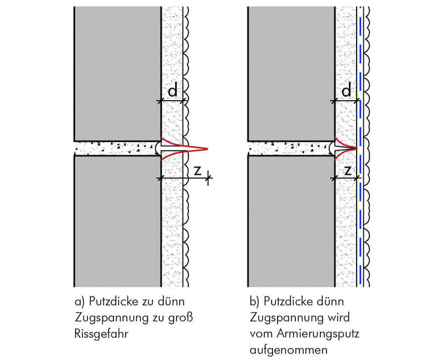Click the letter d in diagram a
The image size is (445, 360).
click(x=172, y=90)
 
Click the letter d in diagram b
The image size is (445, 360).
click(x=346, y=90)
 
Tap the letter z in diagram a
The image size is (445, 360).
click(x=197, y=170)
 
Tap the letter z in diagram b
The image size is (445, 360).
click(x=348, y=170)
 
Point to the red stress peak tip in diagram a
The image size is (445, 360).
click(x=208, y=149)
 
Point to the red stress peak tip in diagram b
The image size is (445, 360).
click(x=356, y=148)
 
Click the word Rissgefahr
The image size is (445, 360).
click(x=101, y=334)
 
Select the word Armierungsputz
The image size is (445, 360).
click(x=318, y=334)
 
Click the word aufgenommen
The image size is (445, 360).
click(x=289, y=350)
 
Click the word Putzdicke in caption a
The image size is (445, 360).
click(x=113, y=301)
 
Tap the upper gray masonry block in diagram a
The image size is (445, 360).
click(x=117, y=73)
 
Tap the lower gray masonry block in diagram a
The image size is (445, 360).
click(x=117, y=221)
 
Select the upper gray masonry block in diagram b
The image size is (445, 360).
click(x=291, y=73)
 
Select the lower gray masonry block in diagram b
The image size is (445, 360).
click(x=291, y=221)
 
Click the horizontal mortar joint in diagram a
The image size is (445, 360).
click(x=116, y=149)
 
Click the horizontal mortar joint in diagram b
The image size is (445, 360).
click(x=290, y=149)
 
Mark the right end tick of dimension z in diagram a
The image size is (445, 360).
click(x=209, y=178)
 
